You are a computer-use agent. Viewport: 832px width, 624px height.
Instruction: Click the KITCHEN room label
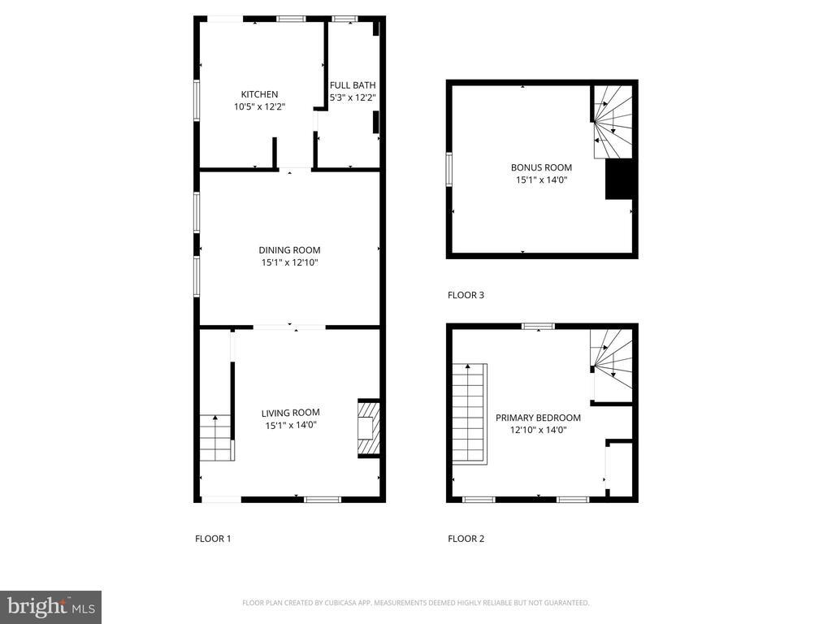[x=259, y=94]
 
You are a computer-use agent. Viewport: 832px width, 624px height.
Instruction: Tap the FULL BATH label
[x=352, y=84]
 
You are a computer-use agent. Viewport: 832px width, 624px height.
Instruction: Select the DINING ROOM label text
[x=289, y=250]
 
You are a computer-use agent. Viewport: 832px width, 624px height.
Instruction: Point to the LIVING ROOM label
[x=290, y=412]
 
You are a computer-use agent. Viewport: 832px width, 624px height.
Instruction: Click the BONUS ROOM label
[x=541, y=167]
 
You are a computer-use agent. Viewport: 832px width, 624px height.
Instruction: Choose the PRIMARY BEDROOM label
[x=538, y=418]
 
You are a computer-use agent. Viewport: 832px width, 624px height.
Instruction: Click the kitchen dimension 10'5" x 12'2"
[x=259, y=106]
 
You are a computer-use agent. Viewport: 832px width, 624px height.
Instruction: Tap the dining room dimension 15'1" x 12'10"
[x=289, y=262]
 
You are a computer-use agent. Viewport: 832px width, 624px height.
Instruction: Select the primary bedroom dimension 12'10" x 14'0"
[x=538, y=430]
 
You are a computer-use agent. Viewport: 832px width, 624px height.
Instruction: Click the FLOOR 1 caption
[x=213, y=538]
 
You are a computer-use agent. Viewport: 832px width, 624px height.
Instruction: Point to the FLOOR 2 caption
[x=466, y=538]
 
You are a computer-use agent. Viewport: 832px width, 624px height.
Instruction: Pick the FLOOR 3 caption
[x=466, y=295]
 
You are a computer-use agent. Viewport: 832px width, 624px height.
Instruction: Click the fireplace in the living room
[x=368, y=428]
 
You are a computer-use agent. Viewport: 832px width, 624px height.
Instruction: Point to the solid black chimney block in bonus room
[x=618, y=179]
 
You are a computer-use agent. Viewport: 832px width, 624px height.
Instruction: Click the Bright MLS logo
[x=50, y=606]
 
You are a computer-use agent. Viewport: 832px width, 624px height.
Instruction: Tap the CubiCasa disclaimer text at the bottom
[x=415, y=603]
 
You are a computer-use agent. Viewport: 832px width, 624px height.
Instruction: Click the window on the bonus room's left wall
[x=448, y=171]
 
